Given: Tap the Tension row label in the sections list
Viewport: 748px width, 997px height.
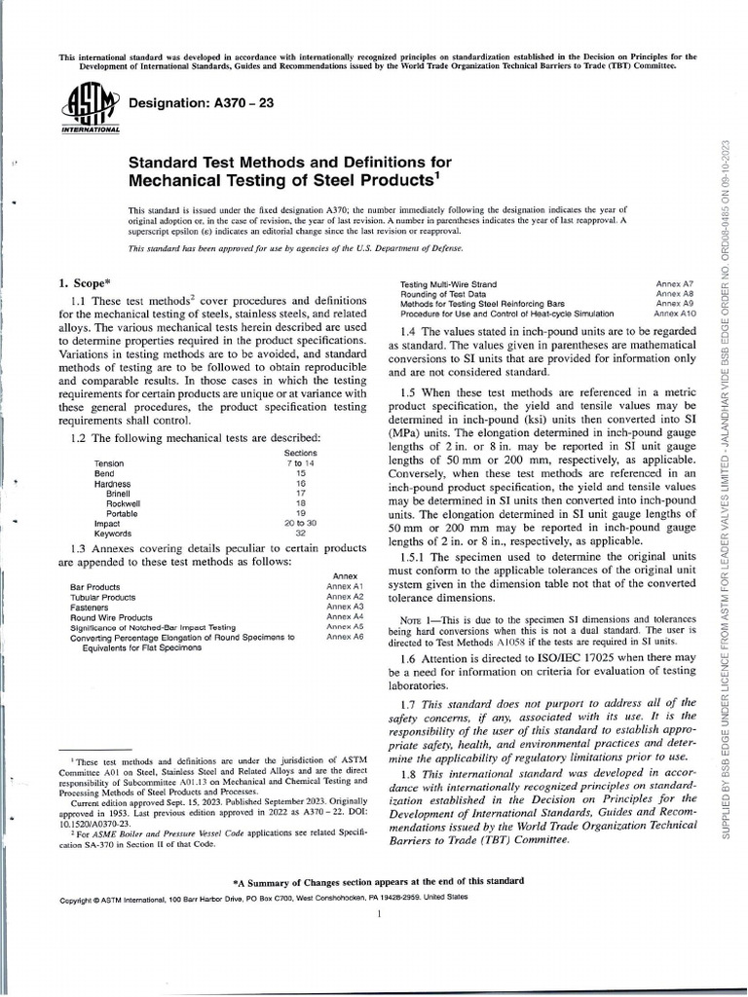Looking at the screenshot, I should (x=109, y=463).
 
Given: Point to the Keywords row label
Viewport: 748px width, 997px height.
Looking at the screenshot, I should (x=113, y=534).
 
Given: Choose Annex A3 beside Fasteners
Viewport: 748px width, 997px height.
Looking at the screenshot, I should (x=345, y=607).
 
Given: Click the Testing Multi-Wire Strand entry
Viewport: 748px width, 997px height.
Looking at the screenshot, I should (x=455, y=283).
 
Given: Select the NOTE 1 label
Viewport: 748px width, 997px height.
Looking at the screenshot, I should (x=420, y=619).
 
